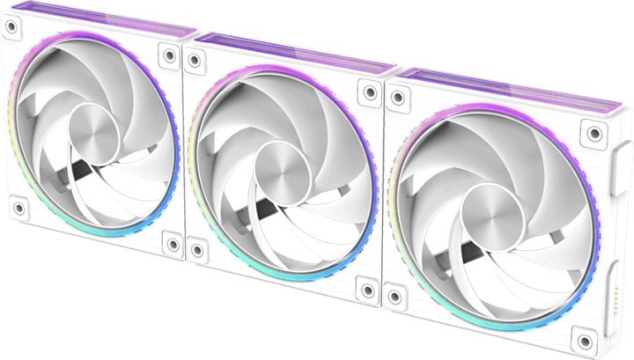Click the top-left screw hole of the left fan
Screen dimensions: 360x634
(x=11, y=27)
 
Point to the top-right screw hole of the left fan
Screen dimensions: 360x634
(x=167, y=55)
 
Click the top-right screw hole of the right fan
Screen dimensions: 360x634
(x=595, y=133)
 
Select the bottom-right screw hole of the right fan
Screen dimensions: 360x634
(x=582, y=336)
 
